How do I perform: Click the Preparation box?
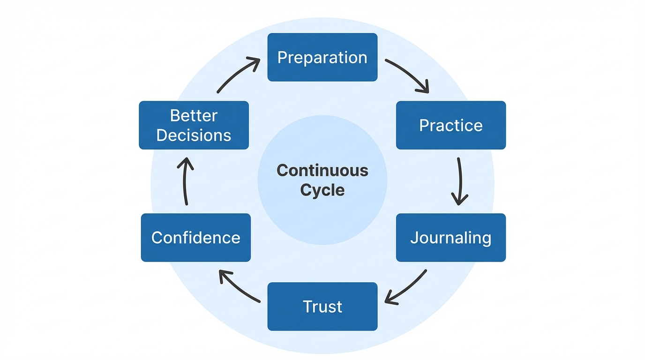click(322, 57)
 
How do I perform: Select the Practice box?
click(450, 125)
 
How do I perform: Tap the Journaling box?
click(450, 238)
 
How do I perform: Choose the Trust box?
click(322, 307)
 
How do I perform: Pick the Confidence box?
click(195, 238)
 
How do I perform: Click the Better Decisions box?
click(194, 125)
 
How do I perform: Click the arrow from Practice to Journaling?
click(459, 180)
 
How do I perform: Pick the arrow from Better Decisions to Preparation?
click(237, 75)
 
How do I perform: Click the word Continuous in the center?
click(322, 170)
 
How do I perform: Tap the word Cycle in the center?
click(322, 190)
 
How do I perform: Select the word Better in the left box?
click(194, 115)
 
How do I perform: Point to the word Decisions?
click(194, 135)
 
